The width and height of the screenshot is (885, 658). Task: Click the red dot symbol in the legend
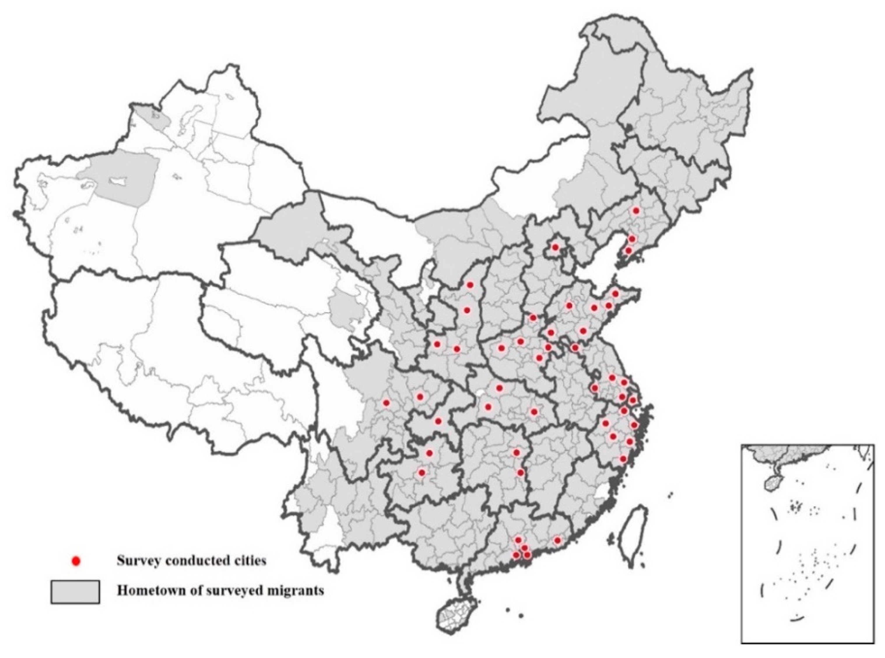tap(76, 561)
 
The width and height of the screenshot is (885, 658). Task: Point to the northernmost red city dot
tap(636, 210)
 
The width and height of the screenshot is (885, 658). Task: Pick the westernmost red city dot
tap(386, 403)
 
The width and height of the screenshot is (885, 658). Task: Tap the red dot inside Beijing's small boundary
tap(555, 248)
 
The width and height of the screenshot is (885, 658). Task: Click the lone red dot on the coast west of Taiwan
tap(557, 540)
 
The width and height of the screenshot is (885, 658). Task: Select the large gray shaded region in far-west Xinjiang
tap(120, 181)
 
